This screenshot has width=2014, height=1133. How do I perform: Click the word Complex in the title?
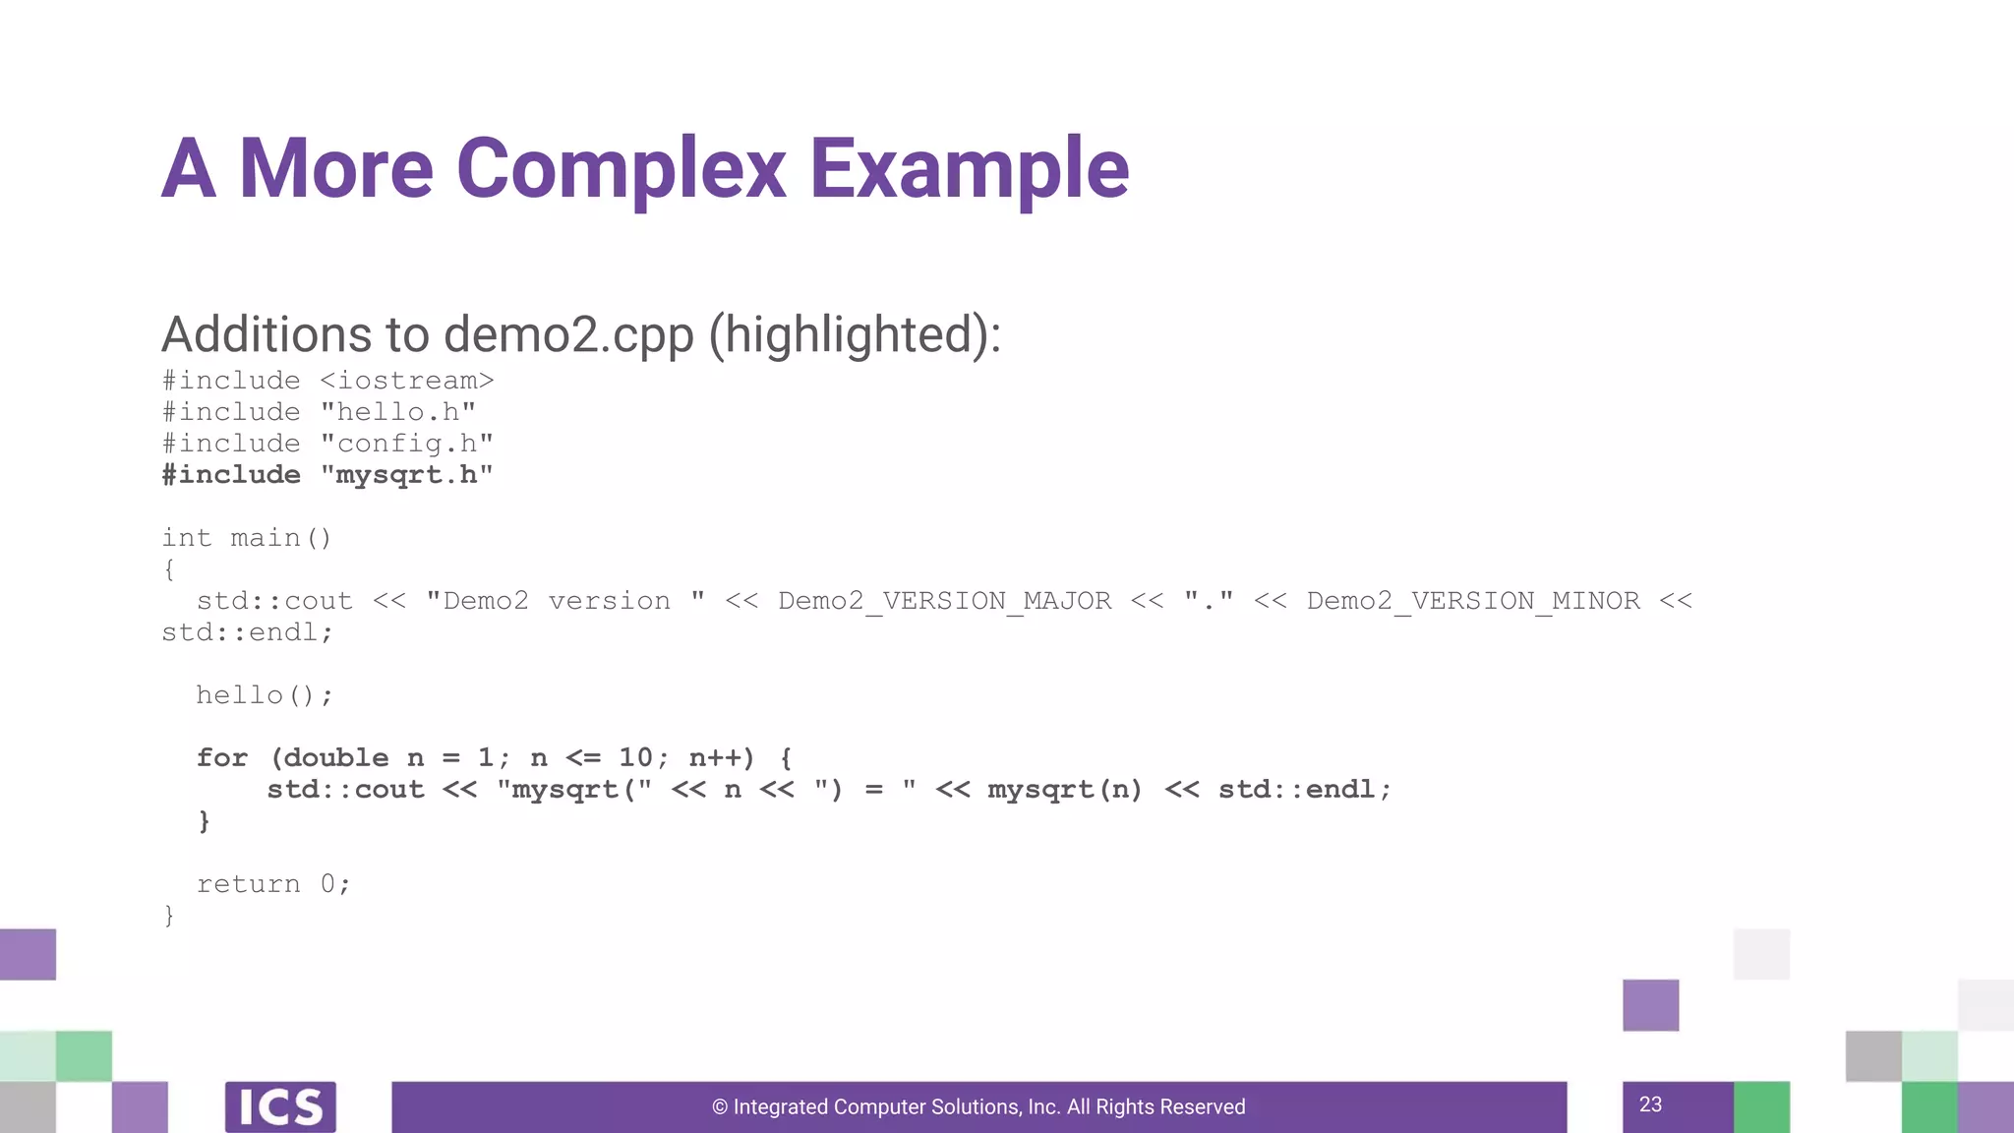point(621,169)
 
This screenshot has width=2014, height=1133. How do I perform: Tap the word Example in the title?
point(969,169)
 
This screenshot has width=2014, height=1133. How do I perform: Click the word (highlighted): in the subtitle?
point(855,334)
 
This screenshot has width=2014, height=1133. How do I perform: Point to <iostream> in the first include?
point(406,381)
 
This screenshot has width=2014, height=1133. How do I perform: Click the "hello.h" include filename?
point(398,412)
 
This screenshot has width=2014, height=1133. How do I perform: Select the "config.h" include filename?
point(407,444)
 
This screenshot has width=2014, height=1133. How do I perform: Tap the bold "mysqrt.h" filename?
point(407,475)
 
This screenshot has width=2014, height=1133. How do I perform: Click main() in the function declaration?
point(281,538)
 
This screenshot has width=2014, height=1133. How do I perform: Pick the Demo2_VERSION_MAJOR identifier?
point(944,601)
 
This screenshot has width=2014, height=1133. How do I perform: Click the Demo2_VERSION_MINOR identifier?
point(1473,601)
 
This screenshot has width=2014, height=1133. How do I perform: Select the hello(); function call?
point(265,695)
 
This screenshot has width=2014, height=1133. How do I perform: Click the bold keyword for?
point(222,758)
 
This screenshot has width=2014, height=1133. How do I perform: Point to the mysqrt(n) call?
point(1065,790)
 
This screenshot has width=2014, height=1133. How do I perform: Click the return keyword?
point(249,884)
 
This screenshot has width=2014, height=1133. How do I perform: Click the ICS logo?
point(280,1106)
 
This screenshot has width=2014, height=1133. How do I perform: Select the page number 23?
point(1650,1104)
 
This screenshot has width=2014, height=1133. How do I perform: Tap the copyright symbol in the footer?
point(720,1107)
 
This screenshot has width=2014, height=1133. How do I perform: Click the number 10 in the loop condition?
point(635,758)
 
